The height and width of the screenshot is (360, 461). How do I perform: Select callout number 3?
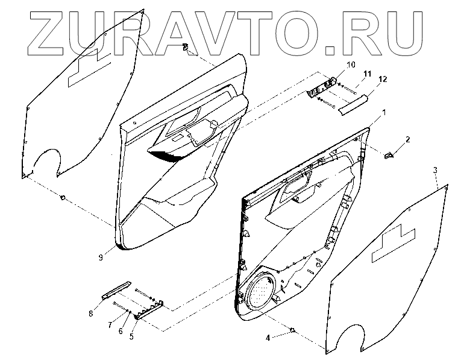coord(435,171)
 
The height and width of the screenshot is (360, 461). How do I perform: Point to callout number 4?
coord(268,338)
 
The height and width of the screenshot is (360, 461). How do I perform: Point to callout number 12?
coord(382,79)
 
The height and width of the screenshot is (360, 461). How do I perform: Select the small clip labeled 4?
coord(293,330)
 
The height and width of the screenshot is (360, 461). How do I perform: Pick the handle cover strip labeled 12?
coord(356,103)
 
